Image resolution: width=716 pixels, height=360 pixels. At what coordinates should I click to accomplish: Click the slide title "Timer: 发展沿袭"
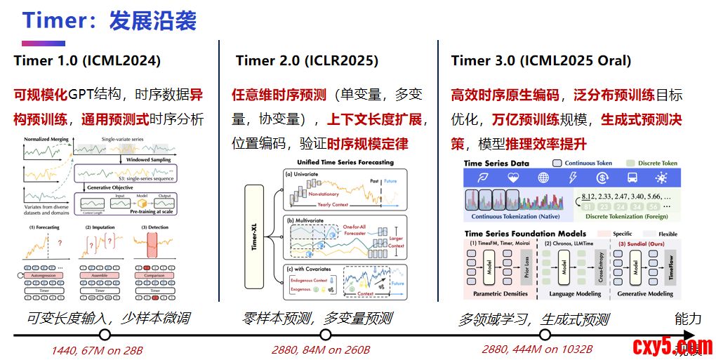coord(108,20)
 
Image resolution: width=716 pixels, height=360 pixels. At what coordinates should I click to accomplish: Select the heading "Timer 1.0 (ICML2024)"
coord(86,61)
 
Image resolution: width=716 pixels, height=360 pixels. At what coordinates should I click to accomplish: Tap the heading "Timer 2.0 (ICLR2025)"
coord(307,61)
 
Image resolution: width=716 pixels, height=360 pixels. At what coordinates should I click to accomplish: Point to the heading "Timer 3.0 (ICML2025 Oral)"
coord(541,61)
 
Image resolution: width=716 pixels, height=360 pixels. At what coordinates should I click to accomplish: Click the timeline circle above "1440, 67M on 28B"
coord(105,335)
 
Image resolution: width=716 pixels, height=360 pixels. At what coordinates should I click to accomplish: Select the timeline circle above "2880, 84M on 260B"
coord(325,335)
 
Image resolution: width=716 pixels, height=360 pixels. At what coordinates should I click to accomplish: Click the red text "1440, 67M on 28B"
coord(97,350)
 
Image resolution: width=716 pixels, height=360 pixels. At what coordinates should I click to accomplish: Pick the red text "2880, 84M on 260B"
coord(321,349)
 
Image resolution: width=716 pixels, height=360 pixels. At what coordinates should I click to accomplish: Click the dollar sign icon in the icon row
coord(602,178)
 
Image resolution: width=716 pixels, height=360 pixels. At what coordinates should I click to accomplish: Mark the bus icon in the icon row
coord(632,178)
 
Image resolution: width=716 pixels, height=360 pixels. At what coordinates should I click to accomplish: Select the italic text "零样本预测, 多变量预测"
coord(317,319)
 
